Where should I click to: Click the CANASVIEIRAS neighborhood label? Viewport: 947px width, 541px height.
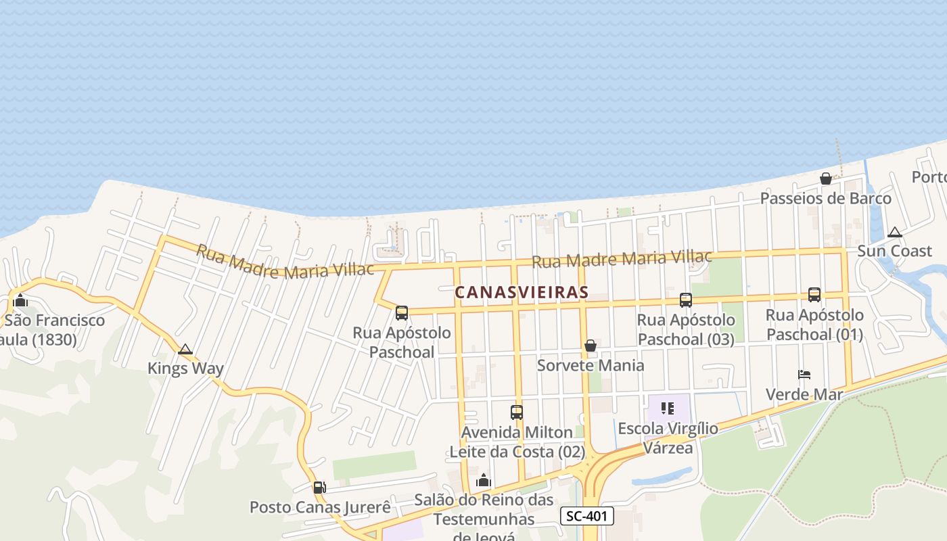(x=522, y=292)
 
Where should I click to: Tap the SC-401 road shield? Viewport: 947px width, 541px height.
(x=587, y=516)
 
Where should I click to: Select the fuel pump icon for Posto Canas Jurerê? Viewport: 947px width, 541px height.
(x=319, y=487)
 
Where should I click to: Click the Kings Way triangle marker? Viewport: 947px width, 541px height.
(x=185, y=350)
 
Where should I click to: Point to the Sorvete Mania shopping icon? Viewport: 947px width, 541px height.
(x=591, y=346)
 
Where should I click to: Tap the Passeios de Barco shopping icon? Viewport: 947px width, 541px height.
(x=826, y=179)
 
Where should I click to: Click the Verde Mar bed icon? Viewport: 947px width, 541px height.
(x=804, y=374)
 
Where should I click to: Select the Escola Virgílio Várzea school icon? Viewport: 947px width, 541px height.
(x=668, y=408)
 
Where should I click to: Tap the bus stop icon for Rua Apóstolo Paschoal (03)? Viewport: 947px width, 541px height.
(x=686, y=300)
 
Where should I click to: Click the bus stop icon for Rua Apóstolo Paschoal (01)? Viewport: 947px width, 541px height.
(x=814, y=295)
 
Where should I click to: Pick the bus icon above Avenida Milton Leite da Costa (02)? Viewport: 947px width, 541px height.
(x=517, y=412)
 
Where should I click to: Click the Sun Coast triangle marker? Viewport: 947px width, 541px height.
(x=895, y=232)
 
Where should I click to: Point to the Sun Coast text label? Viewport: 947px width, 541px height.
(x=894, y=251)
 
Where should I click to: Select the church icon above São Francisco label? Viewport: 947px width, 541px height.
(x=20, y=300)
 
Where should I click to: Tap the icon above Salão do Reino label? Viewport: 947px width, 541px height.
(x=484, y=481)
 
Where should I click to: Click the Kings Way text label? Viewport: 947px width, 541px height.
(x=185, y=369)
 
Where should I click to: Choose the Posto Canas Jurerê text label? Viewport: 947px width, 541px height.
(x=321, y=507)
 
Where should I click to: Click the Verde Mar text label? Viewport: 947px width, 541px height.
(x=804, y=394)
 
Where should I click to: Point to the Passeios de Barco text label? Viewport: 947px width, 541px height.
(x=826, y=198)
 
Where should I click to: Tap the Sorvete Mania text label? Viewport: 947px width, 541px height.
(x=591, y=365)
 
